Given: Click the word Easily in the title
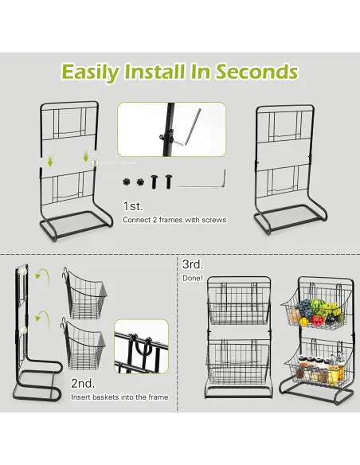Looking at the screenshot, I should click(x=91, y=72).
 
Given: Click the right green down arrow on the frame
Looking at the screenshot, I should click(x=85, y=157).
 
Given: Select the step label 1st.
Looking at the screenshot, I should click(x=133, y=206).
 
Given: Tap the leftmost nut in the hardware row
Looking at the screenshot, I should click(x=127, y=182).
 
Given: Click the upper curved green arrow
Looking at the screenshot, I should click(x=45, y=276).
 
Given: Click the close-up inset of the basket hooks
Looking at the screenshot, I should click(x=141, y=349).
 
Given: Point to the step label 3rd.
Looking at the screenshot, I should click(x=192, y=264).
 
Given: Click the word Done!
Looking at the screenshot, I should click(x=194, y=278).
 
